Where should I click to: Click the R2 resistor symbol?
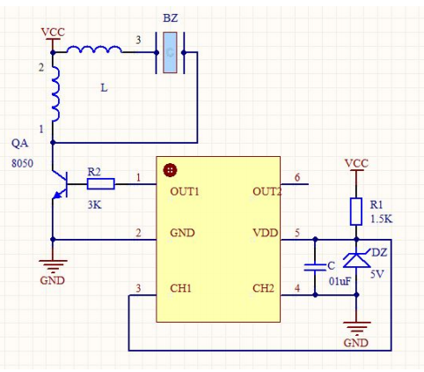click(x=100, y=184)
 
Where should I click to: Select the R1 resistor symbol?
click(x=356, y=212)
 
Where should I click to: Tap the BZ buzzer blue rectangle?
click(x=170, y=53)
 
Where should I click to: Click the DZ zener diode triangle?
click(x=356, y=260)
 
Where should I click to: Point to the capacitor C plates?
click(x=315, y=267)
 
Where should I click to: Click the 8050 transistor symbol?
click(x=60, y=184)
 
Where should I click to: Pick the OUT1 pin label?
click(x=185, y=191)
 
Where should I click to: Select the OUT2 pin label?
click(x=267, y=191)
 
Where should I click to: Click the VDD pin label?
click(x=266, y=233)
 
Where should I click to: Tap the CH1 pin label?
click(x=180, y=288)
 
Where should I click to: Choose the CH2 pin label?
click(x=263, y=288)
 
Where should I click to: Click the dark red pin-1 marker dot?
click(x=171, y=170)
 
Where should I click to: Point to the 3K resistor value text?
click(x=94, y=205)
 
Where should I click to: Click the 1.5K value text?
click(x=381, y=219)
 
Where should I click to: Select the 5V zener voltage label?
click(x=377, y=274)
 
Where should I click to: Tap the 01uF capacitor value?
click(x=340, y=281)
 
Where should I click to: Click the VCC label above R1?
click(x=356, y=163)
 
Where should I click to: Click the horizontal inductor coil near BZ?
click(x=94, y=49)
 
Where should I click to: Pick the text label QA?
click(x=20, y=144)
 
